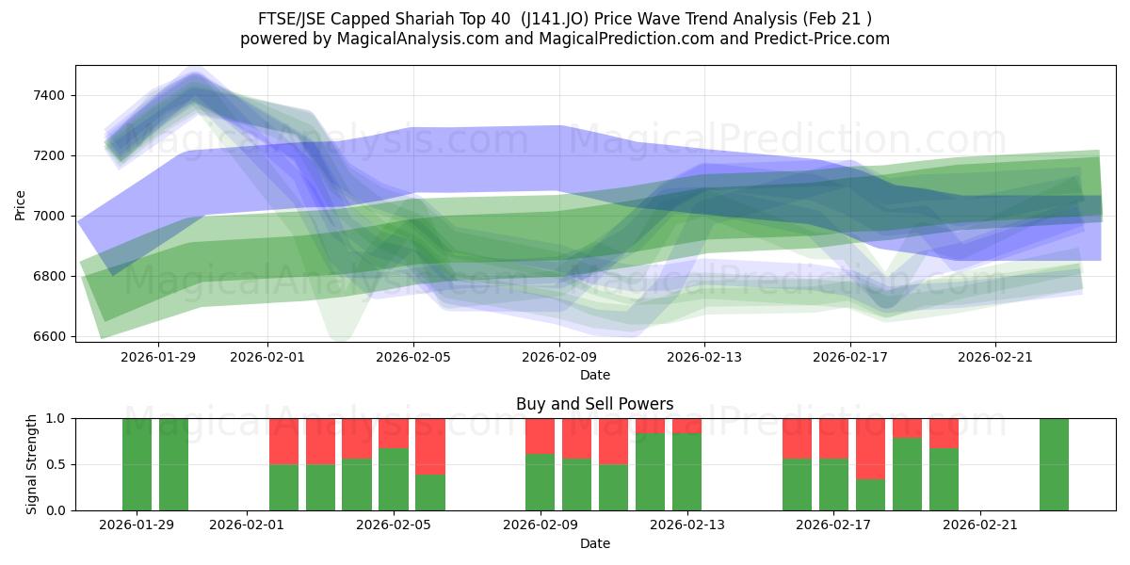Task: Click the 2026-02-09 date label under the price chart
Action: point(559,357)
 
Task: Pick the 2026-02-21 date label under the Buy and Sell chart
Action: point(980,525)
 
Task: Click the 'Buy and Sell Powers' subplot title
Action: point(594,404)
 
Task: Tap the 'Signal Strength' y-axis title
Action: point(32,464)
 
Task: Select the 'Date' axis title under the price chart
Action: point(594,375)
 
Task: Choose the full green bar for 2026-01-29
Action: point(137,464)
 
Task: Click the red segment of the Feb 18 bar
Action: point(870,448)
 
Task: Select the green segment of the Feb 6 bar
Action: point(430,492)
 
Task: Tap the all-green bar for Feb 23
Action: point(1054,464)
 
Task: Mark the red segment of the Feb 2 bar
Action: point(283,441)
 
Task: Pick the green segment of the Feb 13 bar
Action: point(686,472)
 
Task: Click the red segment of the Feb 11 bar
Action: point(613,441)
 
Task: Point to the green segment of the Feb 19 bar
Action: point(907,474)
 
